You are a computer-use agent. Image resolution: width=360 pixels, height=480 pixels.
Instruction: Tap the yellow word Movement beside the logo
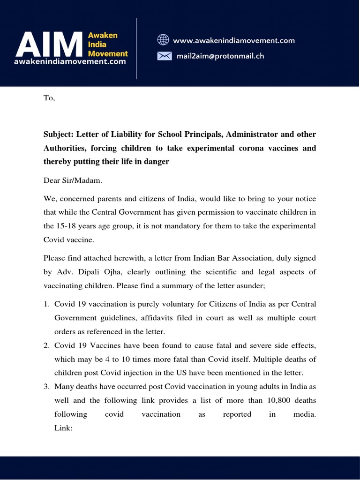[108, 53]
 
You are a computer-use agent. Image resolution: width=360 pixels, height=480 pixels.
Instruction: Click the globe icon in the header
[163, 40]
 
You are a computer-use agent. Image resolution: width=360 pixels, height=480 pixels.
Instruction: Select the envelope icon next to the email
[163, 56]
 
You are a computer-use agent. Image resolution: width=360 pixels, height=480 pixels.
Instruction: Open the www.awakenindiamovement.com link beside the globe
[234, 40]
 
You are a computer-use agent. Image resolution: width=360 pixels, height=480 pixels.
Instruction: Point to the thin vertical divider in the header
[136, 48]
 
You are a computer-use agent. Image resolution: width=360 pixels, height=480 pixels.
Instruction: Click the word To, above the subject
[49, 98]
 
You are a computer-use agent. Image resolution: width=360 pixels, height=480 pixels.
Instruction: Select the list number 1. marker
[47, 304]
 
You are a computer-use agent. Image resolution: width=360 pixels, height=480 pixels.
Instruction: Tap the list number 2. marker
[47, 345]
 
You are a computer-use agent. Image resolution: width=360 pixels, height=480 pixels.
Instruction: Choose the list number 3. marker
[47, 387]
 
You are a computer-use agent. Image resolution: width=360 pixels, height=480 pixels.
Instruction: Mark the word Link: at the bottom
[63, 428]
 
